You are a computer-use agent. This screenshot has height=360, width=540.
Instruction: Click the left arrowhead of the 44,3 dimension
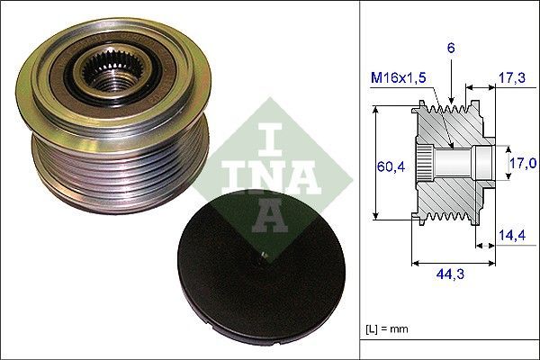click(x=415, y=264)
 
